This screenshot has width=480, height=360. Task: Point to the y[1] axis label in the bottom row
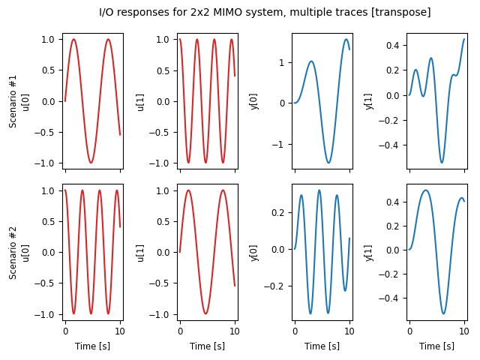(x=368, y=252)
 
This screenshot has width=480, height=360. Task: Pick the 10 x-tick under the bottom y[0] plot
(x=349, y=331)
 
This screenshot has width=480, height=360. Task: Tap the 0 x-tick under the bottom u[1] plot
(x=180, y=331)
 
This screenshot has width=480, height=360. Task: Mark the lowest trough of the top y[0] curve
(x=328, y=163)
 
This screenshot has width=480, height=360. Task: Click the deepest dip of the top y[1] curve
(x=442, y=163)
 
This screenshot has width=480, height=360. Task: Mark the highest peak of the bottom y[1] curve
(x=426, y=190)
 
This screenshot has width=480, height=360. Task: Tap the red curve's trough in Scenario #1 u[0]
(x=91, y=163)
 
